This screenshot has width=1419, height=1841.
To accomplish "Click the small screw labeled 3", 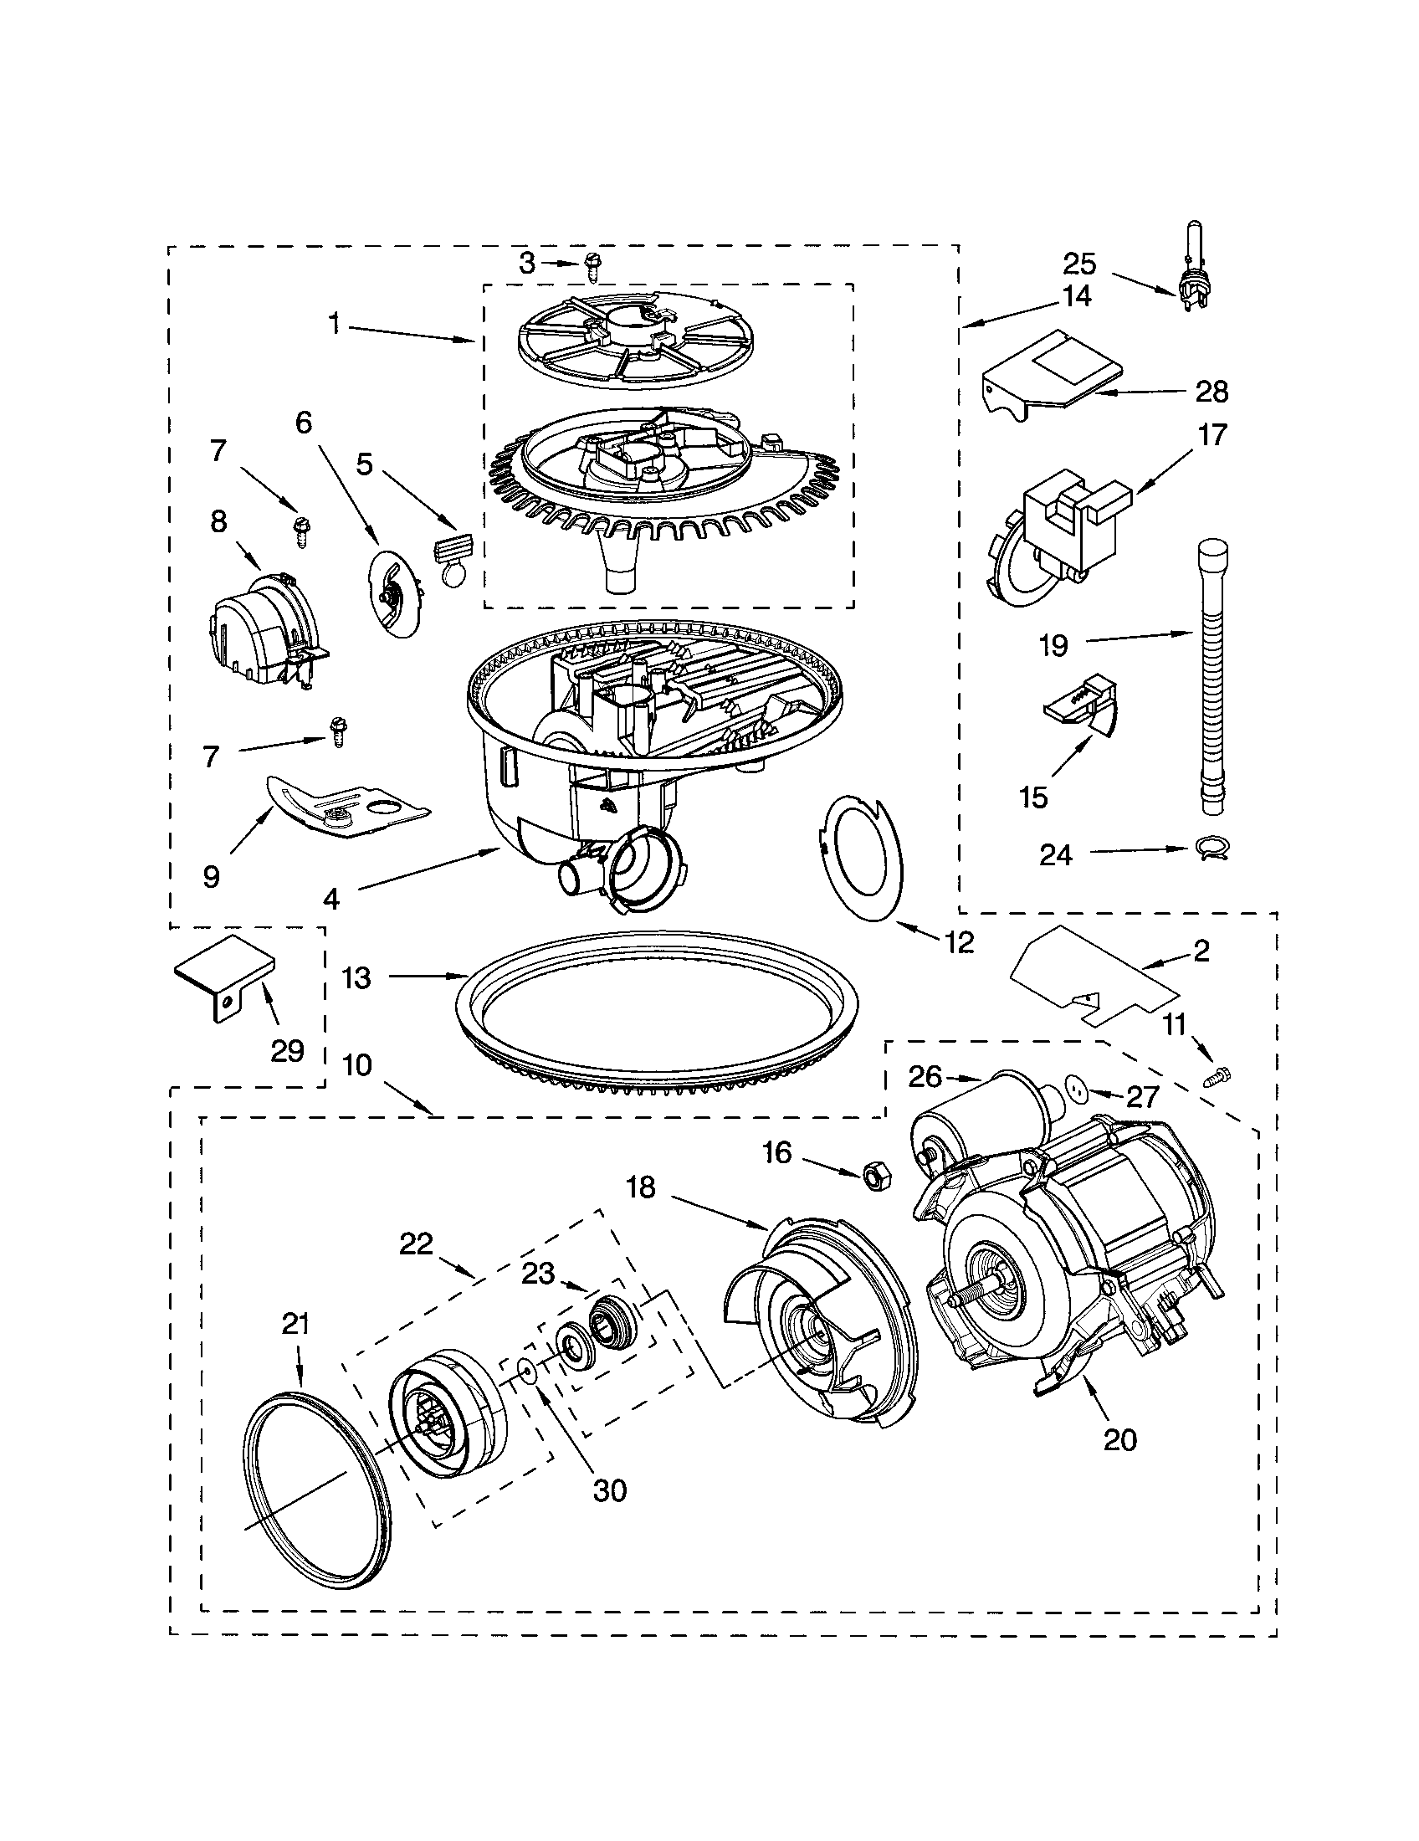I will (592, 268).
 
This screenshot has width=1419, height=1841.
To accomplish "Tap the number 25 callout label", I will (1080, 264).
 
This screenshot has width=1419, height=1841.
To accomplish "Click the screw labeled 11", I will (1218, 1075).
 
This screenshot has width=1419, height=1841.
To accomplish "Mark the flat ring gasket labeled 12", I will (860, 858).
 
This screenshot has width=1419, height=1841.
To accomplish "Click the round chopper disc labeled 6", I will (395, 592).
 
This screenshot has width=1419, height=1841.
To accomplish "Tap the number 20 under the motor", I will (1119, 1438).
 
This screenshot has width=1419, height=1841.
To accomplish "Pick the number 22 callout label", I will (416, 1244).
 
